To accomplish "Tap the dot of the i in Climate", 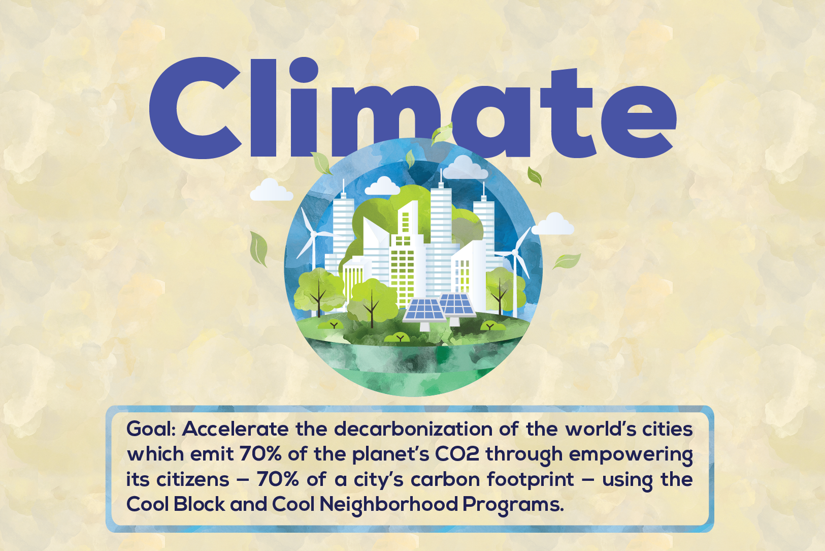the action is (x=304, y=70).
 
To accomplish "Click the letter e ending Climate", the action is (x=639, y=121).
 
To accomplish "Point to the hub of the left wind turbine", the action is (x=313, y=234).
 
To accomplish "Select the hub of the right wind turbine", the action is (x=514, y=252).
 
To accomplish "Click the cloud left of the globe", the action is (x=272, y=190).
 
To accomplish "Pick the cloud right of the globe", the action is (x=553, y=224).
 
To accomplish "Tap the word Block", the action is (x=199, y=504).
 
